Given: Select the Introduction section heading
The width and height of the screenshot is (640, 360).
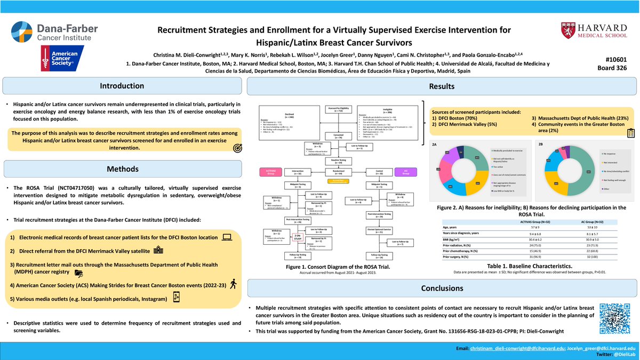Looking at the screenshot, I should click(x=123, y=86).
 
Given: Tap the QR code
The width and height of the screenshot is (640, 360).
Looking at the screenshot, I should click(x=617, y=318).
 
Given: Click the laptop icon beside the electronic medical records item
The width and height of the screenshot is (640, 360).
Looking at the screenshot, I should click(x=227, y=237).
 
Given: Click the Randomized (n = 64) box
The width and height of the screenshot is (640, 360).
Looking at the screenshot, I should click(x=334, y=172).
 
